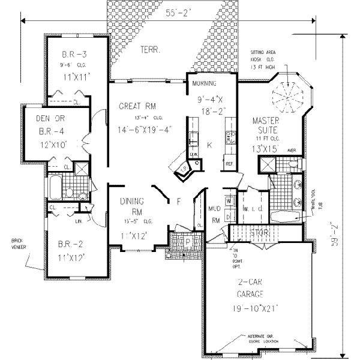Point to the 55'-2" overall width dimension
178,12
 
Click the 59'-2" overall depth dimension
338,235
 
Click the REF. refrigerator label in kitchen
229,163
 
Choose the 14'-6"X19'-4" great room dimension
145,128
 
